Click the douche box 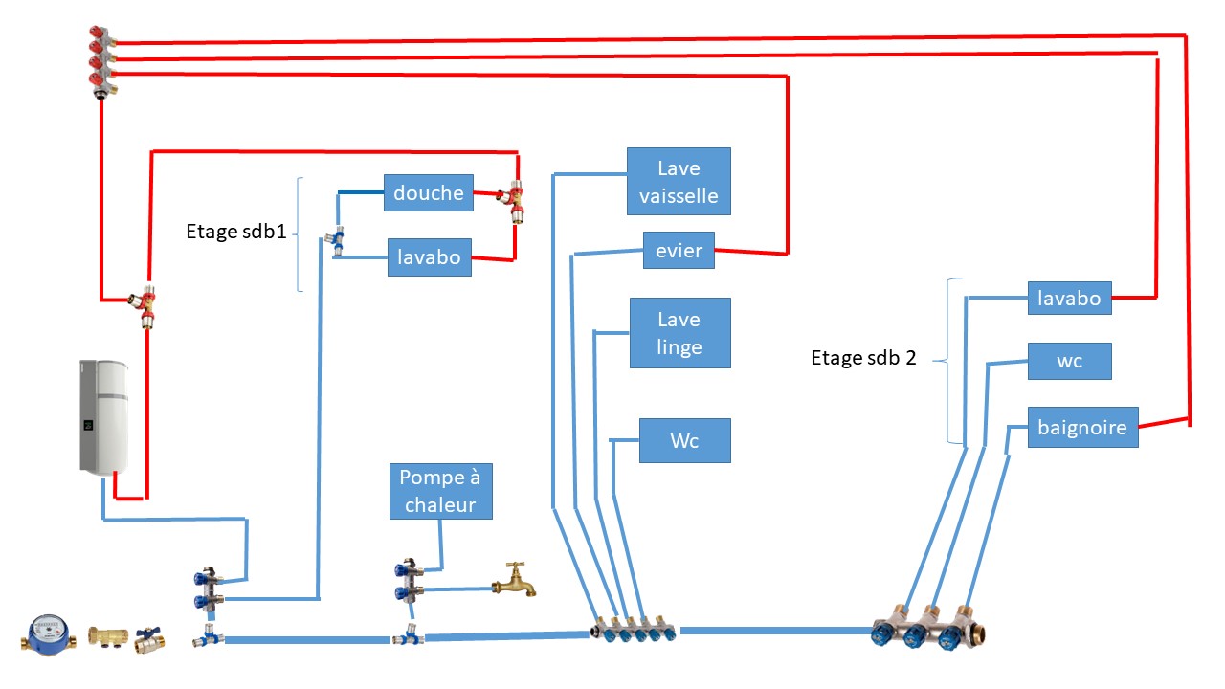[428, 193]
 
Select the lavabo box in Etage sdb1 [429, 257]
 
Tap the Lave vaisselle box [679, 182]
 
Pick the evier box [679, 252]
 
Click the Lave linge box [679, 333]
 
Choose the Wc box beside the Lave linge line [684, 441]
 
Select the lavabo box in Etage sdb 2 [1069, 298]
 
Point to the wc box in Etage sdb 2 [1069, 362]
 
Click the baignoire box [1082, 427]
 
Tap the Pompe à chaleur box [440, 492]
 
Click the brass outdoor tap [514, 580]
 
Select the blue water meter [49, 634]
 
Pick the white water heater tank [103, 415]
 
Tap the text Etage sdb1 [235, 232]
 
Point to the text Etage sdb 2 [862, 359]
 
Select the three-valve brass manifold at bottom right [929, 628]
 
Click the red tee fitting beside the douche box [513, 199]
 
